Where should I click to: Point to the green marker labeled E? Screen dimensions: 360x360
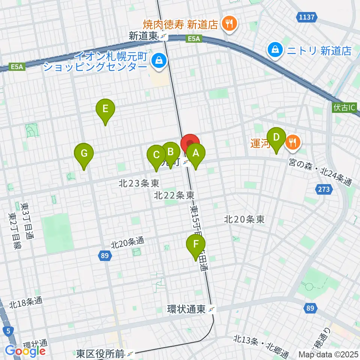click(105, 109)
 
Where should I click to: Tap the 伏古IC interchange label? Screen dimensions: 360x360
click(343, 108)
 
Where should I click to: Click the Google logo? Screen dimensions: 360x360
click(25, 351)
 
